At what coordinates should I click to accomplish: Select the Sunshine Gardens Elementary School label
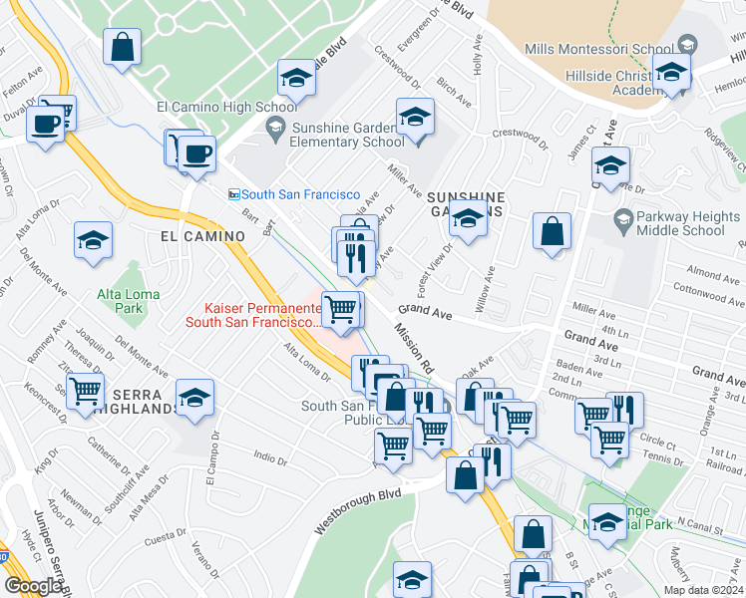(x=348, y=135)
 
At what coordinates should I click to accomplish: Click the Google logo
(x=33, y=585)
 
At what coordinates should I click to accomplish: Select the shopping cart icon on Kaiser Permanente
(x=341, y=309)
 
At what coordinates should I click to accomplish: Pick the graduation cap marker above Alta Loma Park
(x=93, y=240)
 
